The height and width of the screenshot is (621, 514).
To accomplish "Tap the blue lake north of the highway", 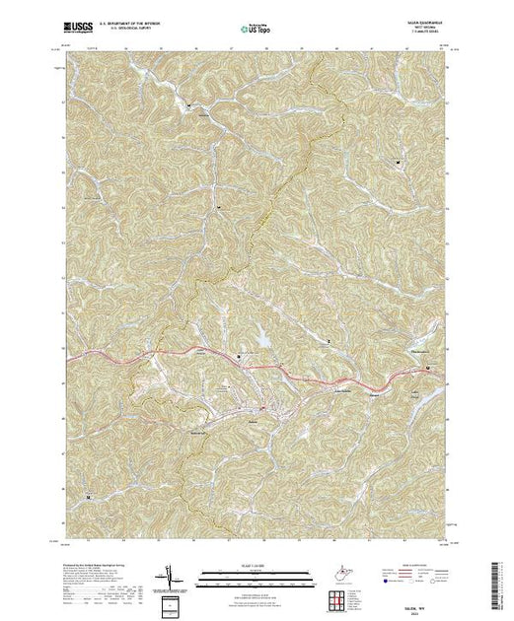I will pos(263,341).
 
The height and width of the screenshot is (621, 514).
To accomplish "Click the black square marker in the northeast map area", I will pos(398,161).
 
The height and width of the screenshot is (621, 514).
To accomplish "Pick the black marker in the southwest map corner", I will pos(88,497).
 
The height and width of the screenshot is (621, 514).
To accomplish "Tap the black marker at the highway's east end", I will pos(426,369).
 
